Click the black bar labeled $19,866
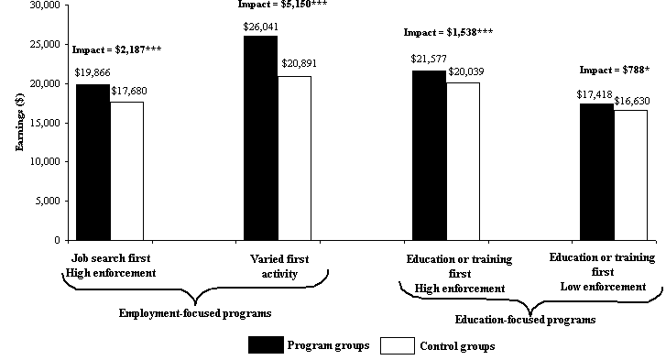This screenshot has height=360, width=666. (93, 162)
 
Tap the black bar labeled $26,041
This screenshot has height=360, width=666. (260, 137)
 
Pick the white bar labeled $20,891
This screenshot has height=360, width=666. (294, 158)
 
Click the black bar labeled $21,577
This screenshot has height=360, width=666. (429, 155)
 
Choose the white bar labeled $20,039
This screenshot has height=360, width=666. (464, 161)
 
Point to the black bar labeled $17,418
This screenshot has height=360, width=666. (597, 171)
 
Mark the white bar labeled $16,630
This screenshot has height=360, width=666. (631, 175)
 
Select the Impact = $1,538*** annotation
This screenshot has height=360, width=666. (449, 33)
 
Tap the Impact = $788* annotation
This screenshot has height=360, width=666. (613, 69)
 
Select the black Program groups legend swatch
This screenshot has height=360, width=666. (265, 344)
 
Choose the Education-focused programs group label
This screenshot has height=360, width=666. (525, 320)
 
